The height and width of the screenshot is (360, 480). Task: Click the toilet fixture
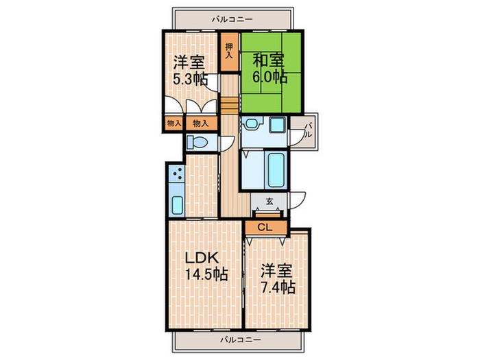pyautogui.click(x=197, y=142)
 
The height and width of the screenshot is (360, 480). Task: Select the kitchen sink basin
pyautogui.click(x=177, y=205)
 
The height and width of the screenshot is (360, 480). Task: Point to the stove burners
pyautogui.click(x=177, y=173)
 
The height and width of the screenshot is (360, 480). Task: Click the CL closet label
pyautogui.click(x=265, y=227)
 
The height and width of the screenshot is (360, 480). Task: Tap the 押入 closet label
pyautogui.click(x=229, y=51)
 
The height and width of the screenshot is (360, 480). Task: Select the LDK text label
pyautogui.click(x=202, y=258)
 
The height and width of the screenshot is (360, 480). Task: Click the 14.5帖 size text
pyautogui.click(x=206, y=274)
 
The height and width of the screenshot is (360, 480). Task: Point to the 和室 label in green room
pyautogui.click(x=268, y=60)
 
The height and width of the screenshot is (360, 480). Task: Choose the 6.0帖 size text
pyautogui.click(x=269, y=77)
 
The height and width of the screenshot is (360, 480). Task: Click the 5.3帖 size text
pyautogui.click(x=191, y=80)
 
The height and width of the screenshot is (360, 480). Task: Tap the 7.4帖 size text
pyautogui.click(x=278, y=287)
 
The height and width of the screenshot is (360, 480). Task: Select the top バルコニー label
pyautogui.click(x=232, y=19)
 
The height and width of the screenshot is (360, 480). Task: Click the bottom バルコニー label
pyautogui.click(x=241, y=339)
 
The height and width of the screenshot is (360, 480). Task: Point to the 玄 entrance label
pyautogui.click(x=269, y=202)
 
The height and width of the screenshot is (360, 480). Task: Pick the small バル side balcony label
pyautogui.click(x=309, y=130)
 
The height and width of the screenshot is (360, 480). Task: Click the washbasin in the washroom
pyautogui.click(x=252, y=123)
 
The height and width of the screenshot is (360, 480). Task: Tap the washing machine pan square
pyautogui.click(x=278, y=125)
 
